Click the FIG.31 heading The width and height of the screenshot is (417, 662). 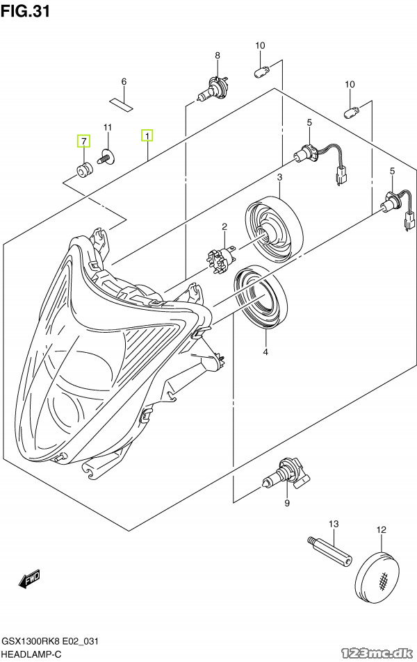click(25, 10)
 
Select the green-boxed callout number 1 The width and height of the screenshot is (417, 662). click(147, 135)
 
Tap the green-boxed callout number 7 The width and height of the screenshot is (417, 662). click(83, 141)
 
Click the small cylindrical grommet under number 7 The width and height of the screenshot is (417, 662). click(83, 169)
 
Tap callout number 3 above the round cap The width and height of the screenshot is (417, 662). click(279, 178)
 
